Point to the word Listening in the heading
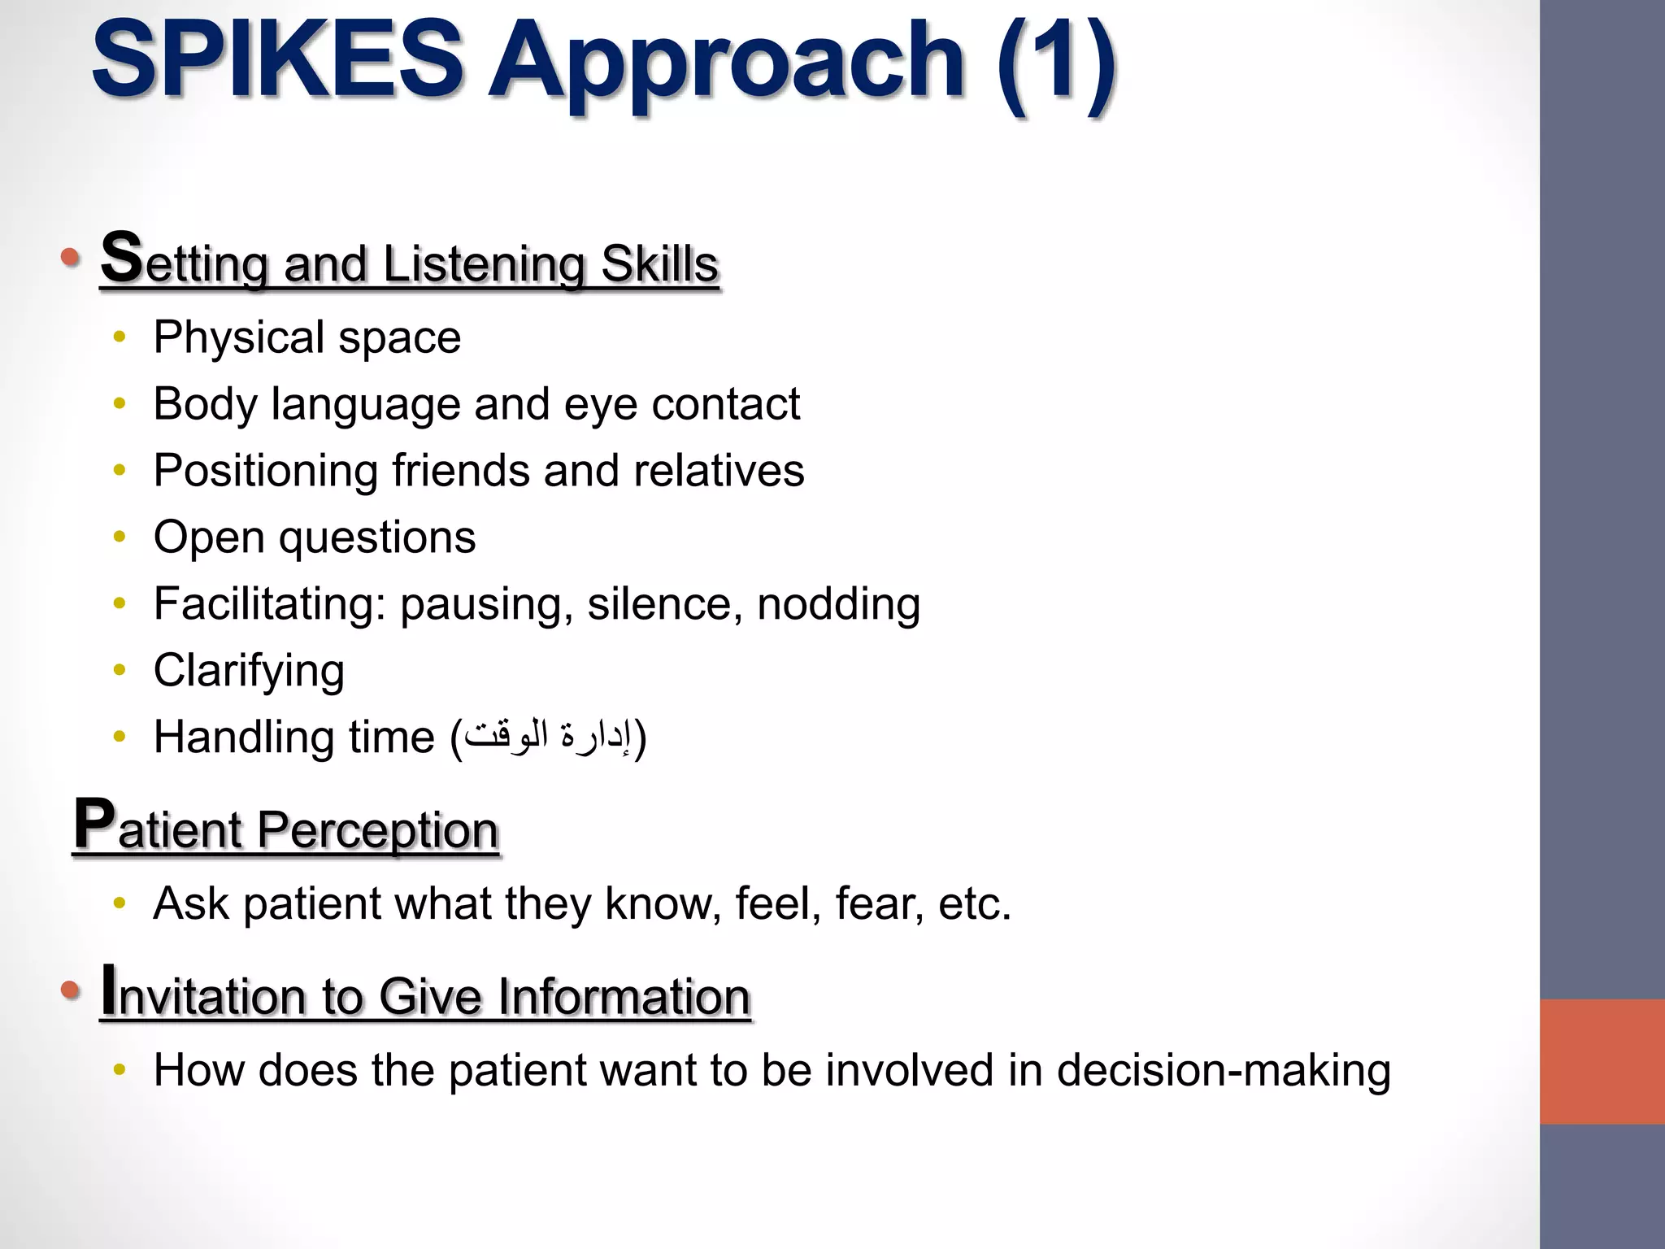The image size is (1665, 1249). point(484,264)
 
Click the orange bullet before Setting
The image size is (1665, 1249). point(71,259)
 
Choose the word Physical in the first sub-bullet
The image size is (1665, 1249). point(240,337)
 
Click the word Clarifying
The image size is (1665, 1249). point(249,672)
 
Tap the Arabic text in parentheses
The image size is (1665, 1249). point(548,736)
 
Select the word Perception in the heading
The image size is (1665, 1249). point(377,830)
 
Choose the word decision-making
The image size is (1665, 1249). point(1224,1071)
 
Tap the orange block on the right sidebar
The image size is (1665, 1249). point(1602,1061)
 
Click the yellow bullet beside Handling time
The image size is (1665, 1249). point(120,738)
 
